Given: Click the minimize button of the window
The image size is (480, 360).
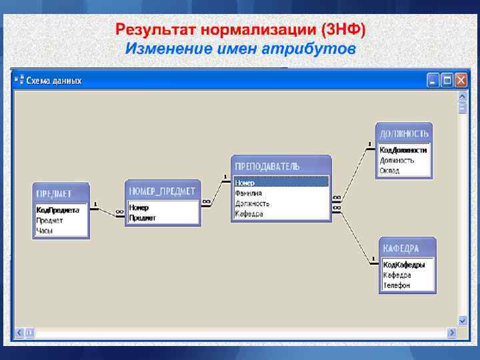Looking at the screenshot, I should point(433,80).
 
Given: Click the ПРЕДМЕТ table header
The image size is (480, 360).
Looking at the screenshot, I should point(54,193).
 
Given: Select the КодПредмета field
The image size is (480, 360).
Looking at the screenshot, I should point(57,209).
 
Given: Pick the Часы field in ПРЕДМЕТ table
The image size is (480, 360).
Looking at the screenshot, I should point(45,231).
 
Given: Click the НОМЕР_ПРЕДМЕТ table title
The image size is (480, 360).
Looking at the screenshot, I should point(162,191).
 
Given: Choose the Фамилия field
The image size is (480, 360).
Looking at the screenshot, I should point(248,193).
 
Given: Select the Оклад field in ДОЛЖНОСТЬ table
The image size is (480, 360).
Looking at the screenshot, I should point(390,171).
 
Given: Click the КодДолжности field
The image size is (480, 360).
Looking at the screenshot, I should point(403,150).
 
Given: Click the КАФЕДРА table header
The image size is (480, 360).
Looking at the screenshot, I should point(401,248).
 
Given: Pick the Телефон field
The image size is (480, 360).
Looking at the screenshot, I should point(397,285).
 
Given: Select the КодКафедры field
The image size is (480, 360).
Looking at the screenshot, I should point(404,264).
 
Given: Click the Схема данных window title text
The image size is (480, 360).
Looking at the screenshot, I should point(54,80).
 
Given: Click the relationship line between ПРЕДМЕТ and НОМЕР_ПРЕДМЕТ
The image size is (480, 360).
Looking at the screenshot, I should point(107,209).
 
